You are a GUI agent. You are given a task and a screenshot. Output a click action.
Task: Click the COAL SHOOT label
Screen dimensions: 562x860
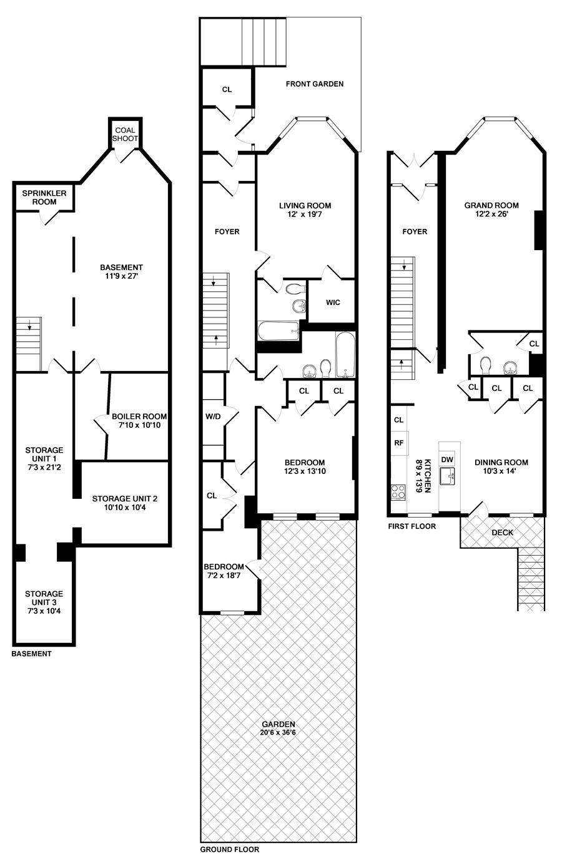click(x=125, y=134)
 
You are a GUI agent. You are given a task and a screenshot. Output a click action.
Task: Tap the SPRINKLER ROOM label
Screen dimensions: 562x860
click(x=44, y=197)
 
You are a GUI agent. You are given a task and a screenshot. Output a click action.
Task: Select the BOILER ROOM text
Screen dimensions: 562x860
click(x=139, y=416)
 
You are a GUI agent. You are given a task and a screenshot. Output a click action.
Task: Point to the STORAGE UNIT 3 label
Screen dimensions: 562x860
click(x=44, y=598)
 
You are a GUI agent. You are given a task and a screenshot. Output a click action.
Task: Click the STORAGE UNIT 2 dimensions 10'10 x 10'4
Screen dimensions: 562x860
click(x=125, y=507)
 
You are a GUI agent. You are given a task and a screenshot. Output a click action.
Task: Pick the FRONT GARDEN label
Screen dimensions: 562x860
click(x=315, y=84)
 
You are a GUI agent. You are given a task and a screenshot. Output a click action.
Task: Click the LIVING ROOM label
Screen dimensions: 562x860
click(x=305, y=205)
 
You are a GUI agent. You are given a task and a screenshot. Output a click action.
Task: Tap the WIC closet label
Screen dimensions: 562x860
click(x=333, y=302)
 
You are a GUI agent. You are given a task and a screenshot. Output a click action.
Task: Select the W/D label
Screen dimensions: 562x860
click(x=213, y=416)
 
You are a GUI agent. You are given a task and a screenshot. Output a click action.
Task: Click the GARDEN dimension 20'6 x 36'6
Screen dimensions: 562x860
click(x=278, y=732)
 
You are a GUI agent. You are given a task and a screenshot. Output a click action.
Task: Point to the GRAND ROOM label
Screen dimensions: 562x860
click(x=491, y=205)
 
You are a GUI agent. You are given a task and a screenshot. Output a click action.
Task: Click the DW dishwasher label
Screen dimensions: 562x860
click(x=447, y=460)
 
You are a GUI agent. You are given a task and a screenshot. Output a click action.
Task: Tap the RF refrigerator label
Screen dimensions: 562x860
click(x=398, y=443)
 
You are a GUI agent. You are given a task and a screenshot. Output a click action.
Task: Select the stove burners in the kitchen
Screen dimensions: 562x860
click(x=398, y=492)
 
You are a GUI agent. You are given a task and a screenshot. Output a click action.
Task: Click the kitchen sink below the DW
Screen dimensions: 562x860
click(x=447, y=476)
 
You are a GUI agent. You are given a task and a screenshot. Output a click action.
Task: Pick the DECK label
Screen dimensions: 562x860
click(x=502, y=533)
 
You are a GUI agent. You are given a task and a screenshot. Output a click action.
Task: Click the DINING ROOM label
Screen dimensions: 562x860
click(x=501, y=462)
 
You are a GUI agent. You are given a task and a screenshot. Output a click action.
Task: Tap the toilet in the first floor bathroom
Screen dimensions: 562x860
click(x=485, y=365)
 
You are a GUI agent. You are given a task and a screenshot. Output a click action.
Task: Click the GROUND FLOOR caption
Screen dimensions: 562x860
click(x=230, y=849)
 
